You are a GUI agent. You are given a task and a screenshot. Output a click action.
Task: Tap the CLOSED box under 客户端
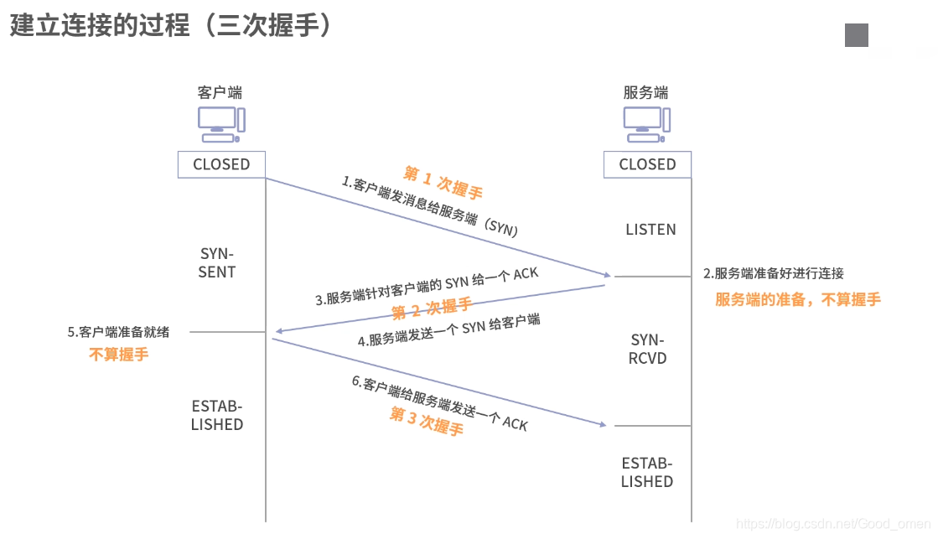tap(221, 164)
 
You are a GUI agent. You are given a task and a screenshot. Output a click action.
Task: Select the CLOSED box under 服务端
tap(647, 164)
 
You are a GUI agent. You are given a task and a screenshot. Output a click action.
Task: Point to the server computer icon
tap(647, 124)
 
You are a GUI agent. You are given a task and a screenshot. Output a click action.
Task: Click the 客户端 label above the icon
tap(220, 92)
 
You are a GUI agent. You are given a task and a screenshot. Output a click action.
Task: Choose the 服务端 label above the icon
tap(645, 92)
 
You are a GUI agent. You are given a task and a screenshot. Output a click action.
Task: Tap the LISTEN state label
tap(650, 230)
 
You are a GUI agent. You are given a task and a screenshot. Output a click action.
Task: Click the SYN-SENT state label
tap(217, 262)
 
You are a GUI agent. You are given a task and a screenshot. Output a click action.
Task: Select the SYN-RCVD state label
tap(648, 350)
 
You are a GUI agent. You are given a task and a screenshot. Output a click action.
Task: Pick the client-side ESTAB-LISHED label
tap(216, 415)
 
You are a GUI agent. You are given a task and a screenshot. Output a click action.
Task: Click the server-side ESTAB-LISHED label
tap(647, 472)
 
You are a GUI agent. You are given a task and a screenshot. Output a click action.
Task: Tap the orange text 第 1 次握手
tap(443, 182)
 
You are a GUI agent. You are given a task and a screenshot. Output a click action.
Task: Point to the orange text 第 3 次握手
tap(426, 421)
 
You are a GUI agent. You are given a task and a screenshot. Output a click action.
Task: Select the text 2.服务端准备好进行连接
tap(773, 273)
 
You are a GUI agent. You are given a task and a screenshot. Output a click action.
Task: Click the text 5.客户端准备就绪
tap(118, 332)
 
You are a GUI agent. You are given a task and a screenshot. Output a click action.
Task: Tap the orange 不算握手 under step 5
tap(118, 355)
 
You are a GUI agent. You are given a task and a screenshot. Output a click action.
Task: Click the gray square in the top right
tap(856, 35)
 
